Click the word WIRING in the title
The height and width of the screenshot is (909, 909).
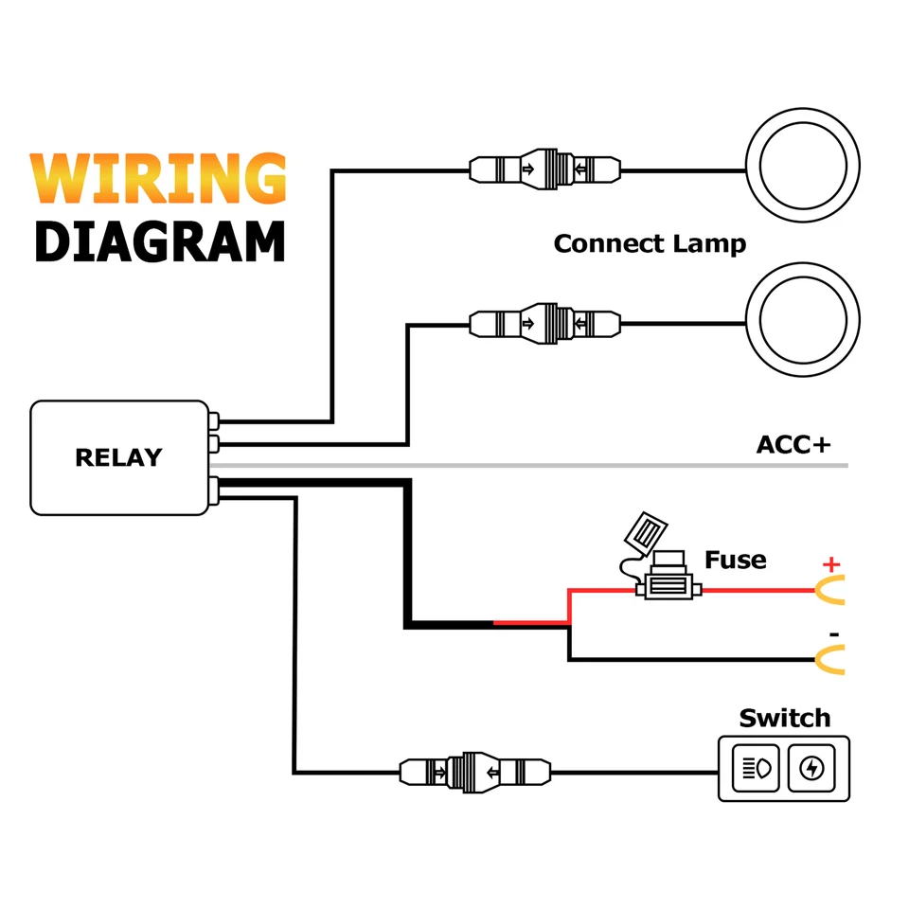(157, 179)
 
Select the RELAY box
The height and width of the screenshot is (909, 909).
(118, 458)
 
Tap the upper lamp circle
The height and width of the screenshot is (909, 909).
(803, 168)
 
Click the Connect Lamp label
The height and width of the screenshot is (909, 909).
(650, 243)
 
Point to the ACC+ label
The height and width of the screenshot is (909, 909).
(793, 444)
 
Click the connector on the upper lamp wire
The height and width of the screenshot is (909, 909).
(545, 170)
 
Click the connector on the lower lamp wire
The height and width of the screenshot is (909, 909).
(545, 323)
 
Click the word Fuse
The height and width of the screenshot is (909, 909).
(735, 560)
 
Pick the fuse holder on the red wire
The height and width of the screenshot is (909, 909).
(668, 590)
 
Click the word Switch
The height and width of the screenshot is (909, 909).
(784, 718)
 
